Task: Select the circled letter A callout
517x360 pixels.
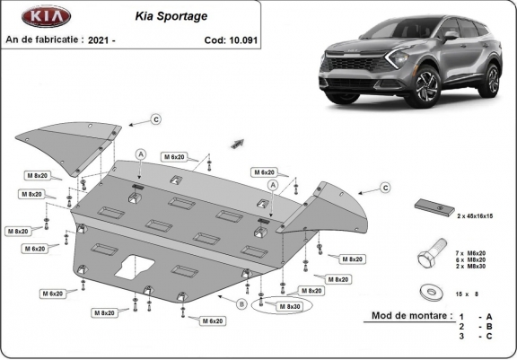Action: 140,154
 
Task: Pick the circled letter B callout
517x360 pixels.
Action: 241,304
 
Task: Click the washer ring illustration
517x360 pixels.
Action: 429,292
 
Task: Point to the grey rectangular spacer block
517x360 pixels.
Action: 434,206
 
